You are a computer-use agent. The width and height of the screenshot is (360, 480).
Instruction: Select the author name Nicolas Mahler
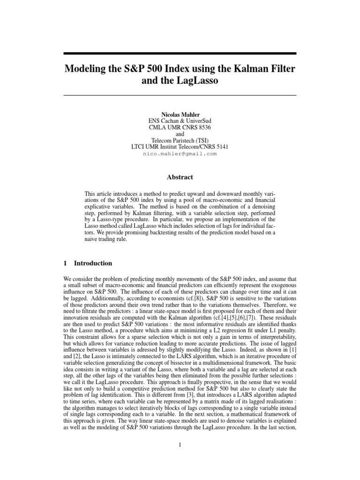pos(180,114)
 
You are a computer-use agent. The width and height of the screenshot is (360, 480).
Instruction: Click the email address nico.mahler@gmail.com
pos(180,153)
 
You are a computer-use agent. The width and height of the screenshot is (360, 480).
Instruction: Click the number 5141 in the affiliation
pos(219,147)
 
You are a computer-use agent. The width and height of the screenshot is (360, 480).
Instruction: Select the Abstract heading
pos(180,177)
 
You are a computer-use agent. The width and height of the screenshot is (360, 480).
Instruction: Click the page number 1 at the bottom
pos(180,445)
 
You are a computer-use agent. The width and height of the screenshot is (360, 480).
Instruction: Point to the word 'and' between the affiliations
pos(180,134)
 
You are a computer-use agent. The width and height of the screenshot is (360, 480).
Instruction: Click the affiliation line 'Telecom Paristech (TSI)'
pos(180,140)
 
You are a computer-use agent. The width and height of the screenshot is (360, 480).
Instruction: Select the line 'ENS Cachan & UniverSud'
pos(180,120)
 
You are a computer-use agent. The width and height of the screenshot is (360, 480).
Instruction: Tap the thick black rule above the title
pos(180,53)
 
